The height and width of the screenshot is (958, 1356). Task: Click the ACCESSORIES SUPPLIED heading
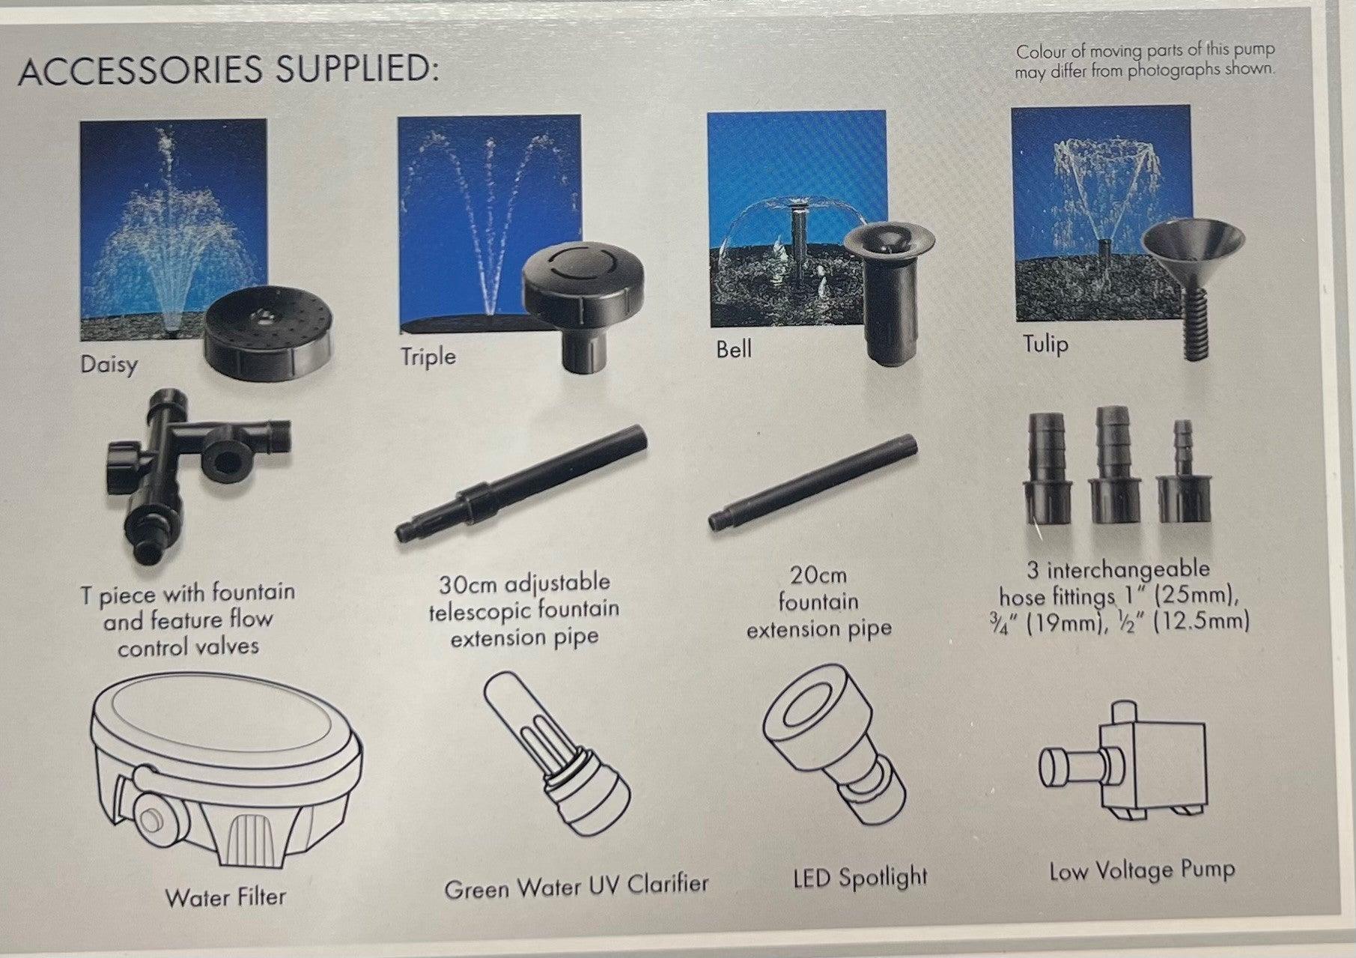coord(228,69)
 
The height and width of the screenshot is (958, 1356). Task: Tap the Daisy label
coord(109,365)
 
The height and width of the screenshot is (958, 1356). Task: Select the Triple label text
coord(428,356)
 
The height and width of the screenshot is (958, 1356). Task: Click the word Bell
coord(733,349)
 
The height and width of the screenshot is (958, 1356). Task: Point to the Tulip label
coord(1045,345)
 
